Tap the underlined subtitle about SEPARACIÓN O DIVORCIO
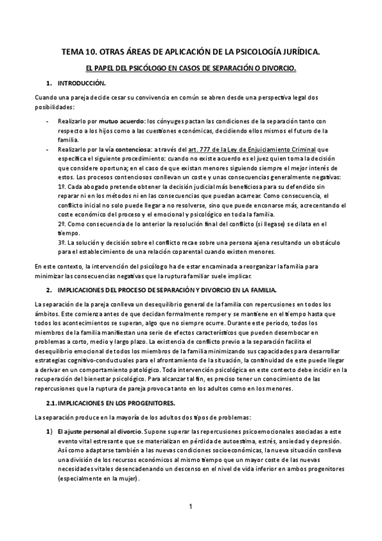191,68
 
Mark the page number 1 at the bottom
191,507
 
